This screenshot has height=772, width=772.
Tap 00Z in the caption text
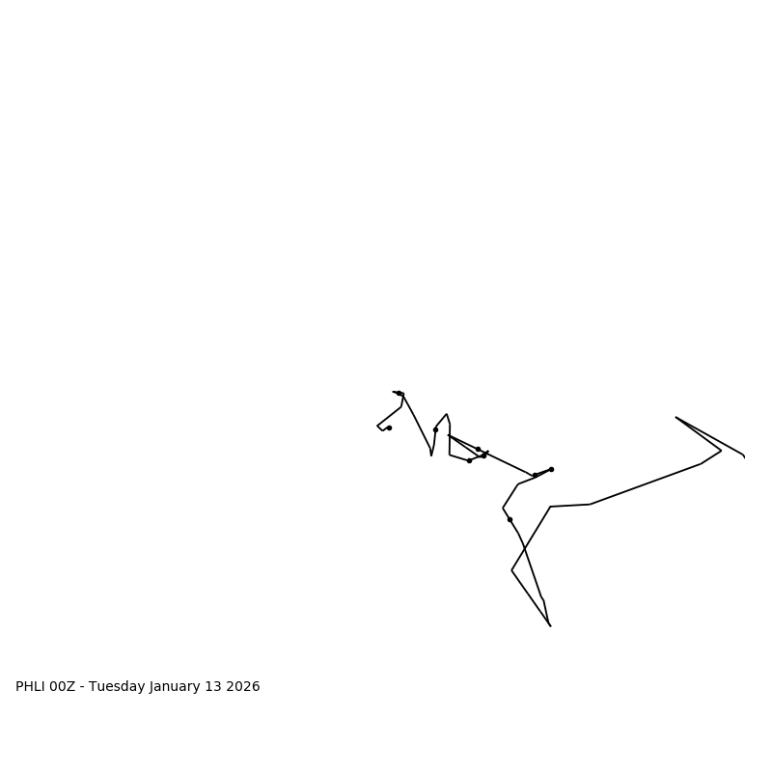click(x=62, y=687)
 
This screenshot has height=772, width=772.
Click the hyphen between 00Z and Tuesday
click(x=82, y=687)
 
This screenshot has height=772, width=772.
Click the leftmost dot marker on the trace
click(x=389, y=427)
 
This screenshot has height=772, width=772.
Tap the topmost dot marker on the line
click(x=400, y=394)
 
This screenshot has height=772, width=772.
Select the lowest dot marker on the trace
click(x=510, y=519)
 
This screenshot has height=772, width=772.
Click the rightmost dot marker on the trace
click(x=551, y=469)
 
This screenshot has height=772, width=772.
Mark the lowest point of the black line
click(x=550, y=626)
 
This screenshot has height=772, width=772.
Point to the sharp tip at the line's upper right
click(x=675, y=417)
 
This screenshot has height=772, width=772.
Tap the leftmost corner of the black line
click(x=377, y=426)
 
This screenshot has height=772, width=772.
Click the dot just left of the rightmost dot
click(x=535, y=475)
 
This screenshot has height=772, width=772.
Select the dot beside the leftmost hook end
click(x=389, y=427)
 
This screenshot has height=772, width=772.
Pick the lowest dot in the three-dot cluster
click(x=469, y=460)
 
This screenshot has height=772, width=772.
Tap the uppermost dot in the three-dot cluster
click(x=478, y=449)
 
